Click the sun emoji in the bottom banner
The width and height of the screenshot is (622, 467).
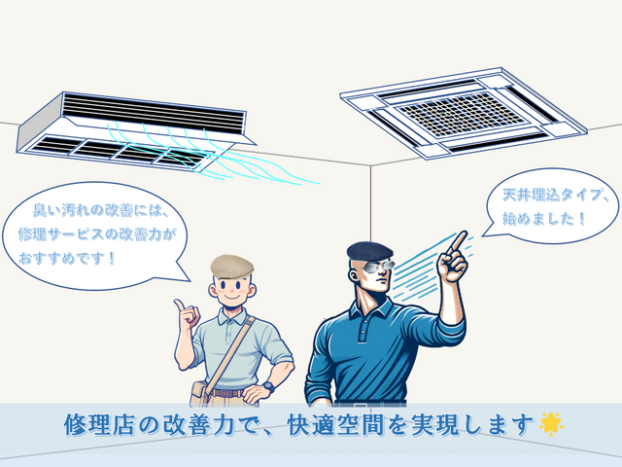[x=551, y=423]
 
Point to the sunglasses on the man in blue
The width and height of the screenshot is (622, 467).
[x=377, y=265]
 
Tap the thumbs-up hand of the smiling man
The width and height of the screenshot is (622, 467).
[x=185, y=313]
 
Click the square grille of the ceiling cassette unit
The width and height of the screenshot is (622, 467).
[x=465, y=113]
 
